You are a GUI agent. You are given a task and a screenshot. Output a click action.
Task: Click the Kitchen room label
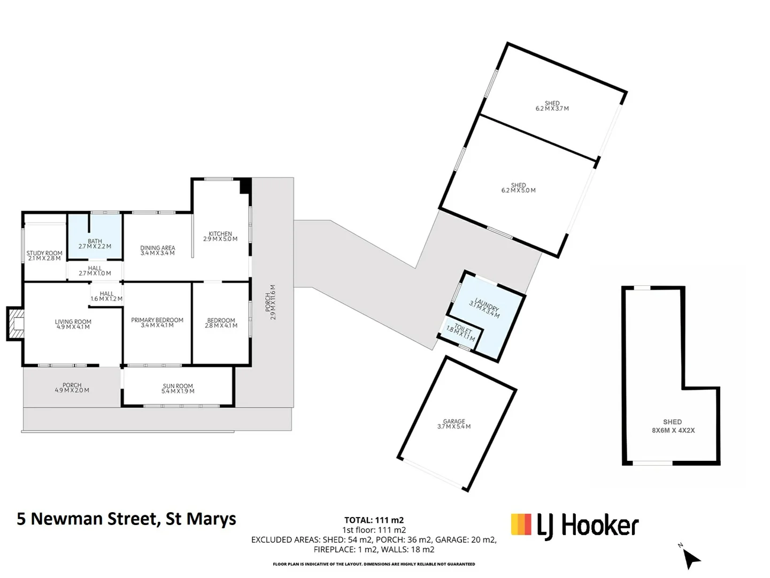[x=220, y=236]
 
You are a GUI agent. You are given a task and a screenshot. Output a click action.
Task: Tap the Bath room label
[x=95, y=244]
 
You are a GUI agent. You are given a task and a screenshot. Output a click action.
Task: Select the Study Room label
[x=44, y=255]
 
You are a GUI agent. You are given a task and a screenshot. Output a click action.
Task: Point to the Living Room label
[x=73, y=324]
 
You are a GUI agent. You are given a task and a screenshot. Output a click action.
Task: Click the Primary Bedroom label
[x=157, y=322]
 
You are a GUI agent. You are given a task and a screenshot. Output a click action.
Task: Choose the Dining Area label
[x=158, y=250]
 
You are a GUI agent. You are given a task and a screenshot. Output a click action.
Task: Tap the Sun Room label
[x=178, y=388]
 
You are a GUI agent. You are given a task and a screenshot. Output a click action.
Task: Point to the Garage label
[x=454, y=424]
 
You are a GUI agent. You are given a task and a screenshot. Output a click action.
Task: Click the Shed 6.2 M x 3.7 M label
[x=552, y=106]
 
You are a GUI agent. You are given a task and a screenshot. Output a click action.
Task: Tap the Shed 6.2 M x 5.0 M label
[x=518, y=188]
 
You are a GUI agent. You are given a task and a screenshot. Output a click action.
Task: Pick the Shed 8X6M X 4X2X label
[x=672, y=426]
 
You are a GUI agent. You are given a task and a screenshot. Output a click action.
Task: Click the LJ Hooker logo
[x=575, y=526]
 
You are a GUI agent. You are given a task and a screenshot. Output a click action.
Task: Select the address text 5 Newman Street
[x=127, y=519]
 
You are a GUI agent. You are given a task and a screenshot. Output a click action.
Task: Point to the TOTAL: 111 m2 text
[x=374, y=520]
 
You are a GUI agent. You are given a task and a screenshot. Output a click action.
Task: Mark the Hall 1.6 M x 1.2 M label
[x=106, y=296]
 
